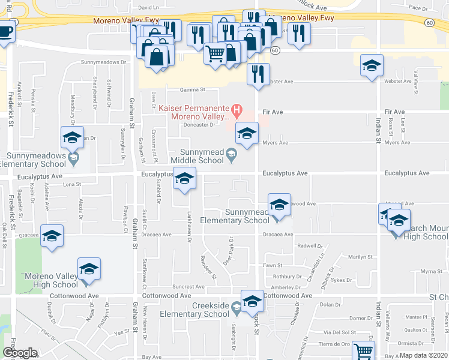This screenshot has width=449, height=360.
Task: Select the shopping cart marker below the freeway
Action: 215,54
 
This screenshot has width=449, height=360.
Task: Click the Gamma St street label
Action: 193,90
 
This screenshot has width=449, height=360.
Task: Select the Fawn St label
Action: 273,265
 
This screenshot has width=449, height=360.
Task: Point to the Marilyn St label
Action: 361,257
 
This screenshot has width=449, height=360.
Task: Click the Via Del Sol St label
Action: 340,332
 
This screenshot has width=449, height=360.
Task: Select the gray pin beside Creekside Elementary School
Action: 237,308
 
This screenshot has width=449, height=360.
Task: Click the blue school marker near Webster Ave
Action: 372,65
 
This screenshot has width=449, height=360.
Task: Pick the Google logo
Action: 20,353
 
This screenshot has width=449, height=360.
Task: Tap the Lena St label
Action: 71,184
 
